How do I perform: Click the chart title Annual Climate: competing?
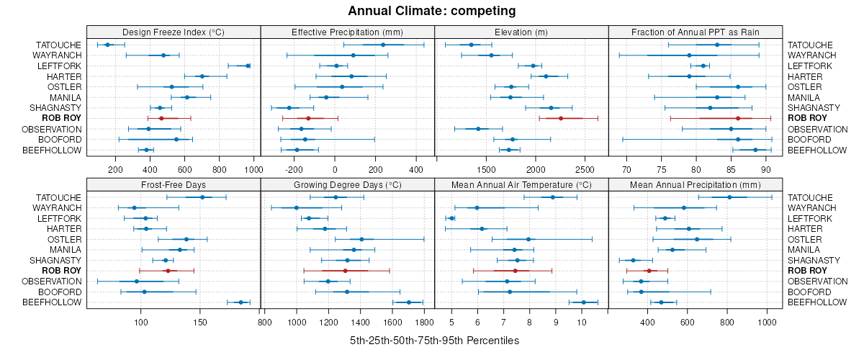click(x=431, y=11)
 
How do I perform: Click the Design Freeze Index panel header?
click(x=173, y=32)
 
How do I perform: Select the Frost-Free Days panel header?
click(x=173, y=184)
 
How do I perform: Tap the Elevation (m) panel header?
click(x=521, y=32)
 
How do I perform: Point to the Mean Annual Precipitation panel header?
click(x=695, y=184)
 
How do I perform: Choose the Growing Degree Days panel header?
click(x=347, y=184)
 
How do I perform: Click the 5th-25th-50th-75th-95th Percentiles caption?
click(x=434, y=340)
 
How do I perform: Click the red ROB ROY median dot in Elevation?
click(x=561, y=118)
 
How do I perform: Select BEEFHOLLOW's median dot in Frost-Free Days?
click(x=240, y=302)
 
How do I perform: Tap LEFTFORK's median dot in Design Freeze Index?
click(x=248, y=66)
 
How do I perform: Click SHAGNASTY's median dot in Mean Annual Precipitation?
click(x=633, y=260)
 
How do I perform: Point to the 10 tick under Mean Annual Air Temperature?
click(x=582, y=321)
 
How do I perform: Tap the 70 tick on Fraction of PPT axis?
click(x=626, y=169)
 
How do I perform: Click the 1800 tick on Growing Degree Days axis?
click(x=424, y=321)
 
